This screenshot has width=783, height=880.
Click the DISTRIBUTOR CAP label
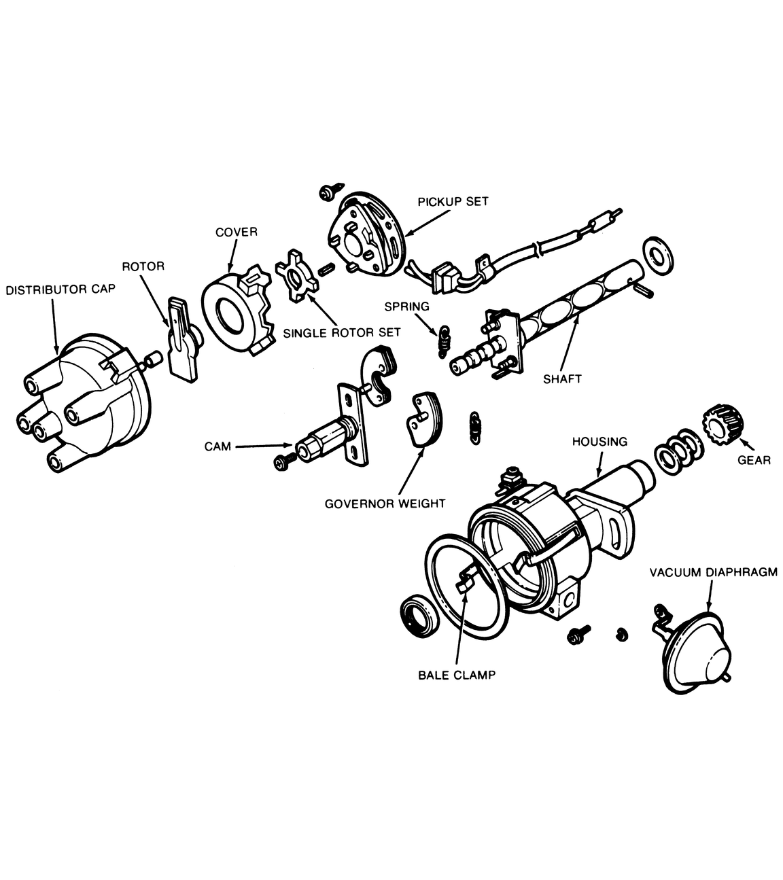60,289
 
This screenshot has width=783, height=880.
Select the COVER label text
237,232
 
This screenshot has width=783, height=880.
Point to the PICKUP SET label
453,202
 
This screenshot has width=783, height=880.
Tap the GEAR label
754,460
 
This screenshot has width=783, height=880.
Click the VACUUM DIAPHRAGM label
712,572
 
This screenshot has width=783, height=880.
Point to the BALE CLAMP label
457,675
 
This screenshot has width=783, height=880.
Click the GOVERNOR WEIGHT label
385,504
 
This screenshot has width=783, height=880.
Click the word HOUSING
599,442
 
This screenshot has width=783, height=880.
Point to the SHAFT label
562,379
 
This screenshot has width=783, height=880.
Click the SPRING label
406,306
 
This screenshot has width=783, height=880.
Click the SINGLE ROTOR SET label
342,332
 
